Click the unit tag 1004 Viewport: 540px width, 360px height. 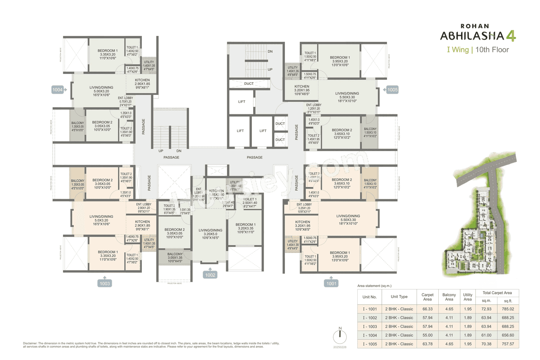(57, 89)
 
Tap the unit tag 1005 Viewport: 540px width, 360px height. (393, 89)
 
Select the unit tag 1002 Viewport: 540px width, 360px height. (211, 275)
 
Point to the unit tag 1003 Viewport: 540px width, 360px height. (105, 284)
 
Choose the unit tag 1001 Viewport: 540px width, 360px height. (332, 284)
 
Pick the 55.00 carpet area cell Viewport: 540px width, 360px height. (427, 335)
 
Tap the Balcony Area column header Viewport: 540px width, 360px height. (449, 297)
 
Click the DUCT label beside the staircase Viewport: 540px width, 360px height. (249, 84)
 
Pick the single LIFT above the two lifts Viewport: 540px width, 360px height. (242, 102)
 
